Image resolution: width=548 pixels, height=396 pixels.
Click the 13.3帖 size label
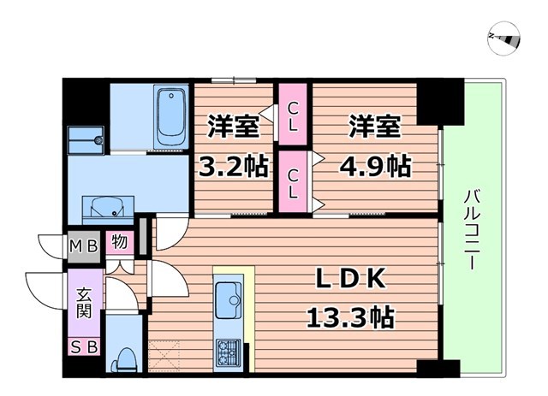click(350, 318)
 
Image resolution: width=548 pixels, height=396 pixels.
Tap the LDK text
click(350, 280)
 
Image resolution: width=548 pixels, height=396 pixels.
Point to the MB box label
click(85, 244)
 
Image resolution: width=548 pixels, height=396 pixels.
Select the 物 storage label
click(120, 243)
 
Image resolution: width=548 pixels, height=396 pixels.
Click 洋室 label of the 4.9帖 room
click(374, 126)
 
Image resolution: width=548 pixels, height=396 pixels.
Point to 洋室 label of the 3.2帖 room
click(232, 126)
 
